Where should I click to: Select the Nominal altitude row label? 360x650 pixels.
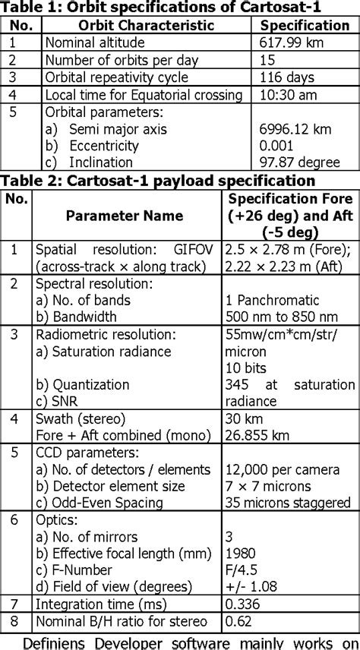[92, 43]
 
